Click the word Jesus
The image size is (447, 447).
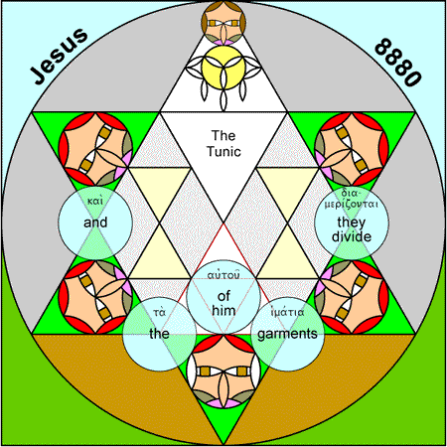(60, 57)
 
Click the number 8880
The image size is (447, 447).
(398, 62)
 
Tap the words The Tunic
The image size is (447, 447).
(223, 143)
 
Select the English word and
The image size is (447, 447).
(95, 223)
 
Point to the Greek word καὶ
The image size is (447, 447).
(95, 201)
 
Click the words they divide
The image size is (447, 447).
(352, 229)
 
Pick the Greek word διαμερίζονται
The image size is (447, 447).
(351, 199)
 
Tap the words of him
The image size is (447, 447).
(223, 303)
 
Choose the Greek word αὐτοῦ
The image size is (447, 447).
(223, 274)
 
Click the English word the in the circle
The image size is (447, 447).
(159, 334)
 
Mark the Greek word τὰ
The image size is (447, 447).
(159, 312)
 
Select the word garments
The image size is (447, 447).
(287, 334)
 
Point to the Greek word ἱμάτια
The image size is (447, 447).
(287, 312)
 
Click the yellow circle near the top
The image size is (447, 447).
(223, 68)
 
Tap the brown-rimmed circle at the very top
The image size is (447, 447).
(223, 23)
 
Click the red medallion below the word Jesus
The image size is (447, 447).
(95, 149)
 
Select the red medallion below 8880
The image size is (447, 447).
(352, 149)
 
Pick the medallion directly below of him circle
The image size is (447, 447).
(223, 371)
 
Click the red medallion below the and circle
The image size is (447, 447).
(95, 297)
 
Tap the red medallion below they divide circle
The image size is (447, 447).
(352, 297)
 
